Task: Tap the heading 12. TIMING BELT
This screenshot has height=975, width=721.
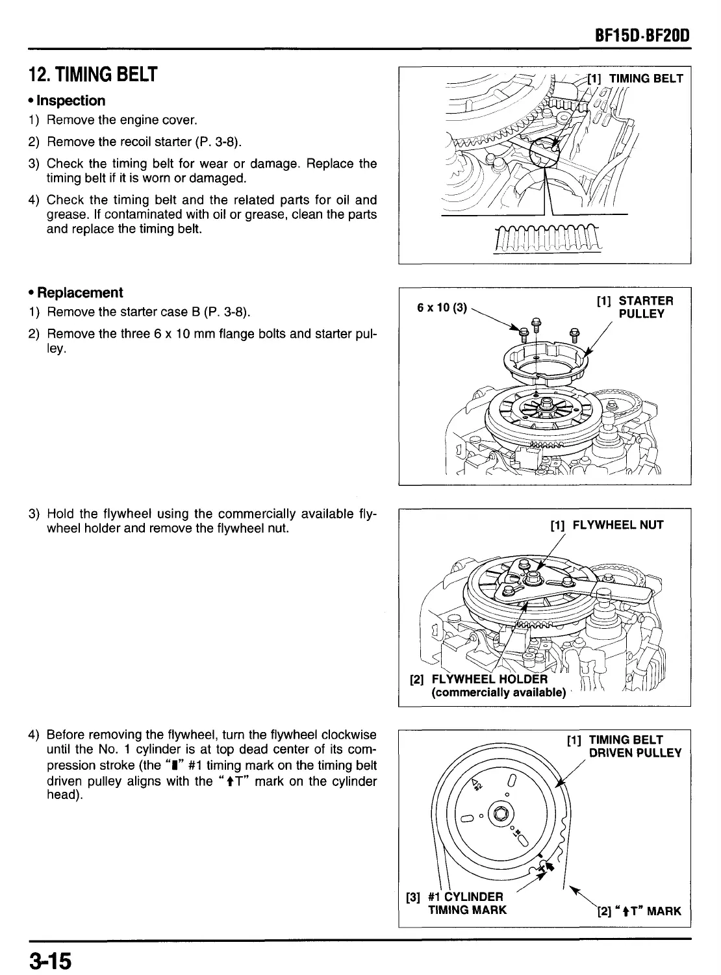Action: tap(91, 75)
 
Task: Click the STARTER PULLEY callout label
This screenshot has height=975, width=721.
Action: tap(636, 307)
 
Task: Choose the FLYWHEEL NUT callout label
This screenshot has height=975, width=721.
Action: tap(607, 525)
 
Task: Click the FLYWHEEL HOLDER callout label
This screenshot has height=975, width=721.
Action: tap(481, 679)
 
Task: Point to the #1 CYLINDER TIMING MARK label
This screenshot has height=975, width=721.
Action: tap(462, 903)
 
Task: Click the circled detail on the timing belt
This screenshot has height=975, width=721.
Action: tap(544, 153)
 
